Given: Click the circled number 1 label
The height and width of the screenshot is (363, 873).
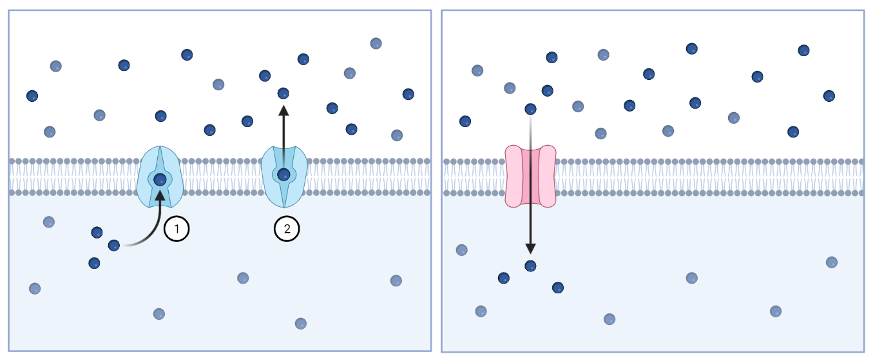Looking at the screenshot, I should (x=177, y=229).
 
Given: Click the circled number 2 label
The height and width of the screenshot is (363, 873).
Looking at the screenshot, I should (x=287, y=228).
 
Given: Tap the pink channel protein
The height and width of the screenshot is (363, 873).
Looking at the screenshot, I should (x=530, y=176).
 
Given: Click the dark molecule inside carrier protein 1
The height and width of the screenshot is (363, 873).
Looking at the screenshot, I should (x=160, y=180).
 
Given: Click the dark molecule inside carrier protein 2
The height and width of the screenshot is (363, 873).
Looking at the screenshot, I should (x=283, y=174).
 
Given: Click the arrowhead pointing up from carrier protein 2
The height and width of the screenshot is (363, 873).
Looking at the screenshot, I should (x=283, y=110).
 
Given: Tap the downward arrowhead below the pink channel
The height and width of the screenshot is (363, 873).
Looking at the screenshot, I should (x=530, y=248).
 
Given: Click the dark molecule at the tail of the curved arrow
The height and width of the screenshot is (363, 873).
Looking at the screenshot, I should (x=114, y=245).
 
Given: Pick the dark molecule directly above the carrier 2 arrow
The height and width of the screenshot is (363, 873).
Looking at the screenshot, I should (x=283, y=93).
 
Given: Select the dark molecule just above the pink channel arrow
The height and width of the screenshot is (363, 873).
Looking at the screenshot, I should (x=530, y=109).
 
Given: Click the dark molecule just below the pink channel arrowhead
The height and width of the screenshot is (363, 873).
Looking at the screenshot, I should (x=530, y=266).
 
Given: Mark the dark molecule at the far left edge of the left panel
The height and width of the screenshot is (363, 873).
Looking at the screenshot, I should (x=32, y=96).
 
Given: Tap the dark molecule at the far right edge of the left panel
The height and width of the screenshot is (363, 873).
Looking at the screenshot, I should (x=408, y=94).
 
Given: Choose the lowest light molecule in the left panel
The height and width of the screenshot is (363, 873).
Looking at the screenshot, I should (x=300, y=323).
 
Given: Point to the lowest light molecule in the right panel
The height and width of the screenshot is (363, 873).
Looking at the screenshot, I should (x=609, y=319).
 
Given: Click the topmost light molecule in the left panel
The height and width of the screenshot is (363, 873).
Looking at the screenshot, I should (x=376, y=43).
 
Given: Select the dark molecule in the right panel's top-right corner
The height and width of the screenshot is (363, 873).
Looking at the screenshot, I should (x=803, y=50).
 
